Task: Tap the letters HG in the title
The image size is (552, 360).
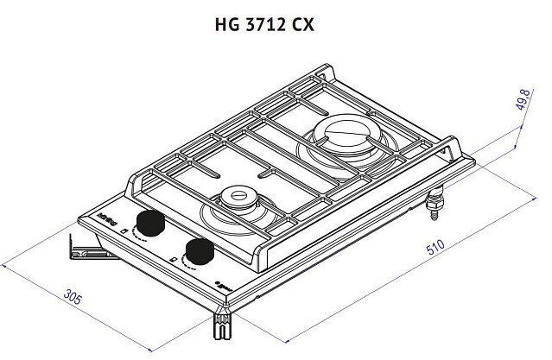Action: point(223,24)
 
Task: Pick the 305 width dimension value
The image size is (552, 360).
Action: point(73,300)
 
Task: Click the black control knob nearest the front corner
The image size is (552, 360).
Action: point(200,252)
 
